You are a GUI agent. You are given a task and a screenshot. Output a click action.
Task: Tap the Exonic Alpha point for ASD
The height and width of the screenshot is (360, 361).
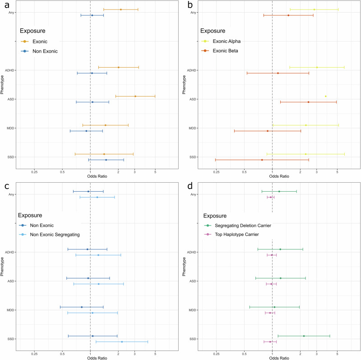(x=325, y=96)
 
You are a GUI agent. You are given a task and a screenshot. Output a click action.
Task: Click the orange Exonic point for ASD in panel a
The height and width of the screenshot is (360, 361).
(x=135, y=96)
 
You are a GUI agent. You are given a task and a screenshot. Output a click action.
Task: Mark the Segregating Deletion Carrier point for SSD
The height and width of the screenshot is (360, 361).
(x=304, y=336)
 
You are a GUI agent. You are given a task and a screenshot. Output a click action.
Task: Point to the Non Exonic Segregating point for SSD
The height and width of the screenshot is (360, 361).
(x=122, y=342)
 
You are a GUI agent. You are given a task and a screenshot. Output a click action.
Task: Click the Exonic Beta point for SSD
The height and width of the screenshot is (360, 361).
(x=262, y=160)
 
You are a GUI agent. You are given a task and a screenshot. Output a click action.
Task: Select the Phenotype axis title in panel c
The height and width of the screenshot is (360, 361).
(x=3, y=266)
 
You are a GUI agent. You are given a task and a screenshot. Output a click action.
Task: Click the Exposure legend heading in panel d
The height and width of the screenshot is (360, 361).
(x=215, y=216)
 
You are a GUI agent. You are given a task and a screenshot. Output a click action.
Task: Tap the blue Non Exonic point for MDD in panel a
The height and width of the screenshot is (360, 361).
(x=86, y=131)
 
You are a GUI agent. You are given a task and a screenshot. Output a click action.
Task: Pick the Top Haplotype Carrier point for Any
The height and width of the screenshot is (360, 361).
(x=270, y=197)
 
